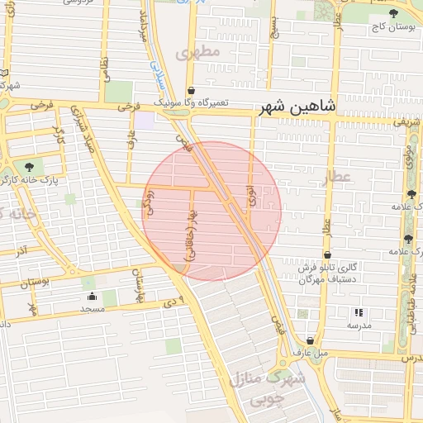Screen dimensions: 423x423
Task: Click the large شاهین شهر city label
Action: coord(297,107)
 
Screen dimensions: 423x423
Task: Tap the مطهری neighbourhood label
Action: coord(199,53)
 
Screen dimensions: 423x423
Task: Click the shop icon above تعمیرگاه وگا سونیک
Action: coord(192,91)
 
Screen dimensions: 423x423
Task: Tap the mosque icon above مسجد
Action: coord(91,297)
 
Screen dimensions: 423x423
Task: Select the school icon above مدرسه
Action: coord(359,312)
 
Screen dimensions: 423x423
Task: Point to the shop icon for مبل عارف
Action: coord(311,340)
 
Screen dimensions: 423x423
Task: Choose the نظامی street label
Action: coord(105,64)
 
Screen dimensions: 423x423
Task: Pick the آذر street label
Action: coord(22,250)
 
